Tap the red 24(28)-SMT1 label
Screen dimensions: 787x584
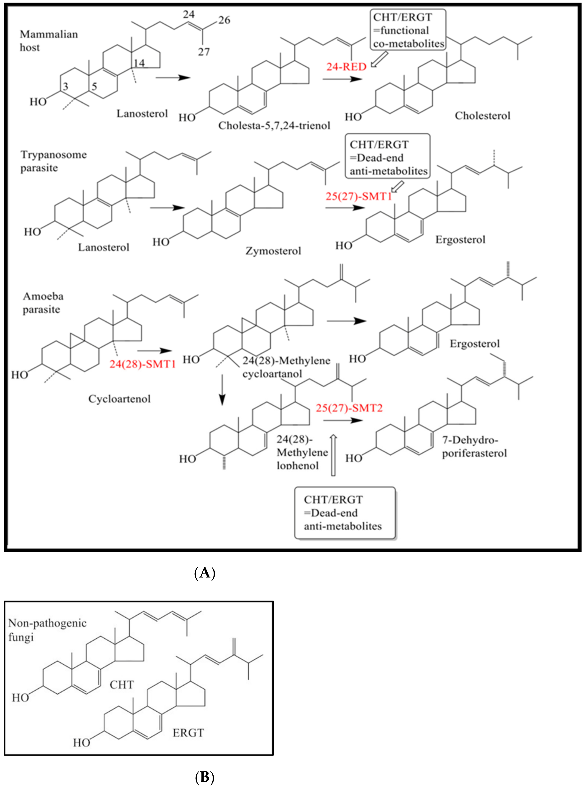(x=142, y=364)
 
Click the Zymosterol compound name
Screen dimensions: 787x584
(x=273, y=251)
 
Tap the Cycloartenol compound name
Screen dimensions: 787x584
(x=120, y=399)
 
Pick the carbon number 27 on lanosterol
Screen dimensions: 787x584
(x=204, y=52)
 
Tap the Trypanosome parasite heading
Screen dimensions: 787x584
(x=53, y=161)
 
